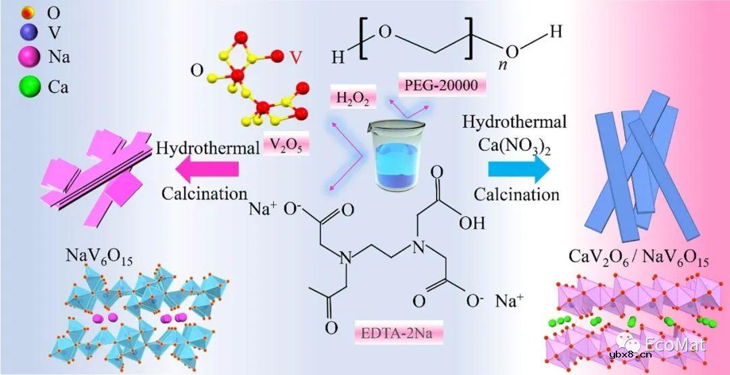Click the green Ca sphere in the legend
[29, 87]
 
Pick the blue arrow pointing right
[518, 169]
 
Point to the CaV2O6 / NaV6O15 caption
[637, 260]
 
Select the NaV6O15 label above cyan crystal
[99, 257]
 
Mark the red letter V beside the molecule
[295, 58]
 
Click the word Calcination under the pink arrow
[204, 193]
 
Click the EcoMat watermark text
[675, 345]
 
